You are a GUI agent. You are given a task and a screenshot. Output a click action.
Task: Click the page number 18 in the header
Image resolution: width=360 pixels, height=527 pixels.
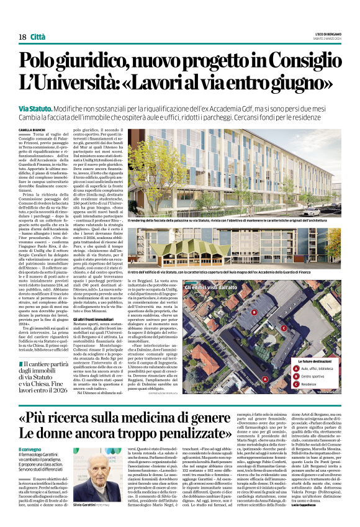click(22, 37)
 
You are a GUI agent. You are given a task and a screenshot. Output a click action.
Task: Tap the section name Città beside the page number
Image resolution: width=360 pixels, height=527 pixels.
click(38, 37)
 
